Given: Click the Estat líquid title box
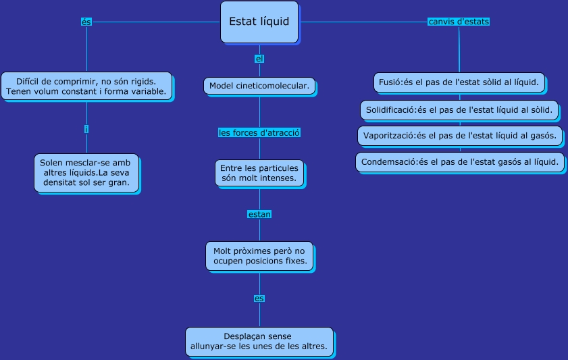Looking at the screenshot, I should [x=259, y=22].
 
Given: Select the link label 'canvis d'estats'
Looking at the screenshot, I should [x=459, y=22].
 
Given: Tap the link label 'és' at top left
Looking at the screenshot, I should [x=86, y=22].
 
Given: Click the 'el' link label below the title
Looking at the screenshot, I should [x=259, y=59].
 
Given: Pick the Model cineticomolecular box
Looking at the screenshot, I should [x=259, y=86].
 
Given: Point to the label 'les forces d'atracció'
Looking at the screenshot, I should [x=259, y=133].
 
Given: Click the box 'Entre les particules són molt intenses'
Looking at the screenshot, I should [x=259, y=173].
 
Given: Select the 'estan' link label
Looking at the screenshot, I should [x=259, y=214].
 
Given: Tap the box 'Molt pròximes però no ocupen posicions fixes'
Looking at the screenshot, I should [x=259, y=255].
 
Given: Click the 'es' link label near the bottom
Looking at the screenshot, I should [x=259, y=298].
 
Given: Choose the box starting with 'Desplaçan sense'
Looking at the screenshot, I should [x=259, y=342].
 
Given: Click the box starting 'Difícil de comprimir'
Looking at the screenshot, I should [x=86, y=85].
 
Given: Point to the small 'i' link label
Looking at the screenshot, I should [x=86, y=129].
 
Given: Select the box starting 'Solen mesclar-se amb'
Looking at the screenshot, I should [x=86, y=173].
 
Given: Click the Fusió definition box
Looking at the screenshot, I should [x=459, y=82].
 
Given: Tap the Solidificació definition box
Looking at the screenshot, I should [x=459, y=109].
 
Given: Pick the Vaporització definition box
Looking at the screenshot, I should [x=459, y=135].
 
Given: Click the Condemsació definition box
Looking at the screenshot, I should [x=459, y=162].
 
